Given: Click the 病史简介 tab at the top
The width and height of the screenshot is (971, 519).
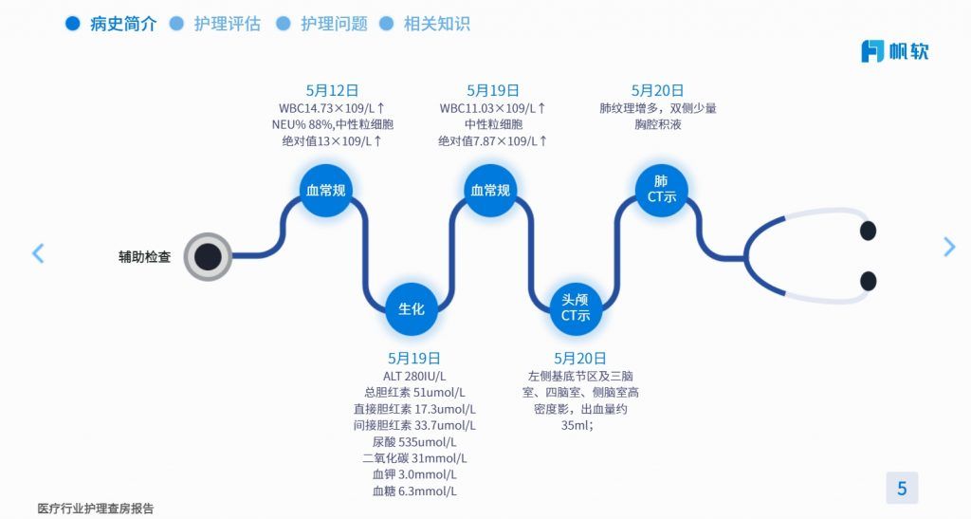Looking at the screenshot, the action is tap(122, 25).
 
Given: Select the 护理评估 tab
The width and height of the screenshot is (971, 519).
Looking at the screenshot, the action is tap(227, 25).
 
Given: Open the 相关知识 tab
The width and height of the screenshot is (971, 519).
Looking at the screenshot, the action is tap(436, 25).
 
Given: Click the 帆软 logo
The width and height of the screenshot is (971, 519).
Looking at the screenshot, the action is tap(894, 51).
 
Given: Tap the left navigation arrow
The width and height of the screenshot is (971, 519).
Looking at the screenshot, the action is tap(38, 253).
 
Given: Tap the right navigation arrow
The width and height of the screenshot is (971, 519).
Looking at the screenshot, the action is tap(949, 247).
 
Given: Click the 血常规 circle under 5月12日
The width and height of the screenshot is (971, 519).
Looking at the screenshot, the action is tap(325, 191).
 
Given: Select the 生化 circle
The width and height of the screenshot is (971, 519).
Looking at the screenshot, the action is tap(411, 309).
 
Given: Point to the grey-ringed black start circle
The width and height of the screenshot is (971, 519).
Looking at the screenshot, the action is tap(208, 256).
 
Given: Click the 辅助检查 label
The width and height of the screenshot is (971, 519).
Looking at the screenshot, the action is tap(144, 256).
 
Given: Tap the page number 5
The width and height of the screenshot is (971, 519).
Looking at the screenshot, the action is tap(902, 489).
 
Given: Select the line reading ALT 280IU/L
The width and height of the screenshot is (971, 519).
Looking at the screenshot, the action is tap(414, 376).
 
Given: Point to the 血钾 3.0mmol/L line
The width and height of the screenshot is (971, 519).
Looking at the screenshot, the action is tap(414, 474).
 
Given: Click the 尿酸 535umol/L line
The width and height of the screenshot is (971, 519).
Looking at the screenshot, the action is tap(414, 442).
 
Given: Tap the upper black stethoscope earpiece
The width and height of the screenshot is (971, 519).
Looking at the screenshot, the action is tap(867, 231).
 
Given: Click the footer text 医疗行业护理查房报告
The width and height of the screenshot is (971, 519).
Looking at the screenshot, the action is tap(96, 509).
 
